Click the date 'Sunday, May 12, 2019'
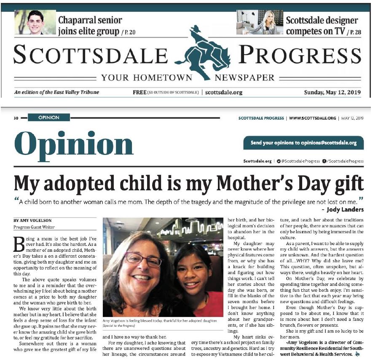coord(333,92)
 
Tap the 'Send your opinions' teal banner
coord(303,143)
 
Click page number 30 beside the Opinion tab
coord(16,118)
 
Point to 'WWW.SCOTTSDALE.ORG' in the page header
coord(313,118)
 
